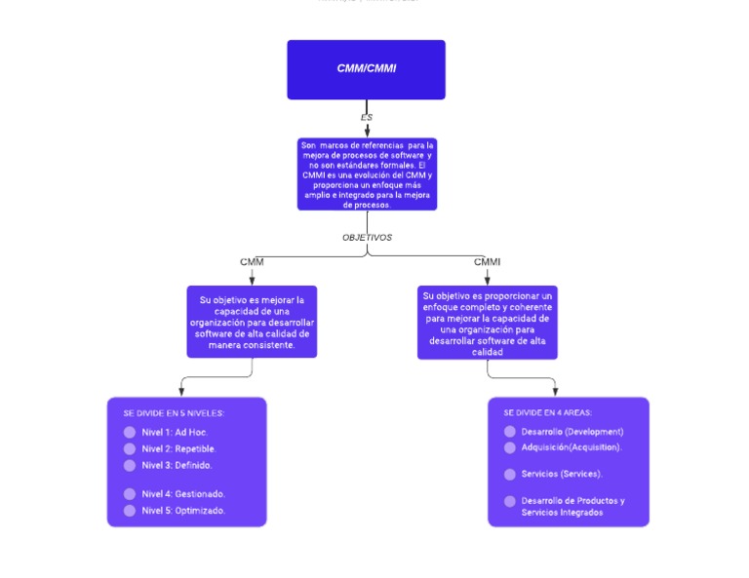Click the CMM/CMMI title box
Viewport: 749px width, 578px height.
366,69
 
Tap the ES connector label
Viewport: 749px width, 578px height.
367,117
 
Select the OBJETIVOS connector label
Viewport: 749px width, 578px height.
367,237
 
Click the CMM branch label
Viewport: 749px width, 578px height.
252,261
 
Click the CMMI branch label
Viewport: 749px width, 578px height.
487,261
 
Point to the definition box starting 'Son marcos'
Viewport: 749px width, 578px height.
367,174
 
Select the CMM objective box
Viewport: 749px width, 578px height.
252,322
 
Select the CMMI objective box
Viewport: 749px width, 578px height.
487,323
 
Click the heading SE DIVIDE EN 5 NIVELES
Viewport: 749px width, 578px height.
174,412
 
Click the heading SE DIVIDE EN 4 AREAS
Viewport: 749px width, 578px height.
547,412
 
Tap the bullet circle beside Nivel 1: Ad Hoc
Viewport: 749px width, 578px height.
130,432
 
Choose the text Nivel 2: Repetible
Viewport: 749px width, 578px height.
178,448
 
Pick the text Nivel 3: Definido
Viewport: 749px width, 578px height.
177,465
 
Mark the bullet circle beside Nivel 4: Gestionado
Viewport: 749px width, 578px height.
130,494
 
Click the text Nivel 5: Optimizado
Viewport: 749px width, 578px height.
183,511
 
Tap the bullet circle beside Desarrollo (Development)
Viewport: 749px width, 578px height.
509,432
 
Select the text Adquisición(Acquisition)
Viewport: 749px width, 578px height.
572,447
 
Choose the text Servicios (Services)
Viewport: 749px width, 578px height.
562,474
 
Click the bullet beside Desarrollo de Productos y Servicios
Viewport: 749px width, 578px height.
509,501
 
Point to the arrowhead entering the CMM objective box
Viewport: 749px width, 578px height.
252,281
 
